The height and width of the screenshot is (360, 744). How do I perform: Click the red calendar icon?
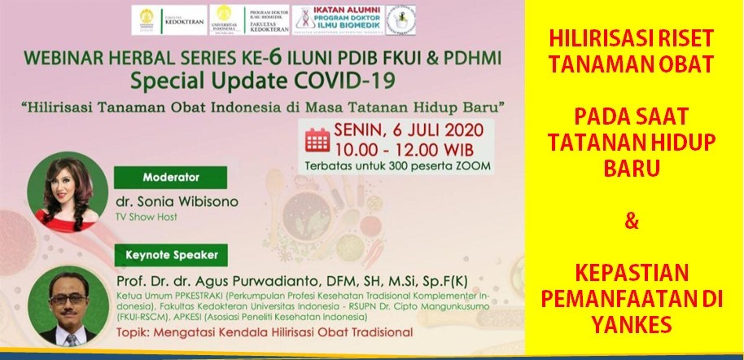[x=316, y=139]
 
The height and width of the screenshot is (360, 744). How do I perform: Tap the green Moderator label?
[x=171, y=176]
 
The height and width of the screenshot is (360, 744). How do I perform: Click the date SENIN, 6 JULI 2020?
[x=409, y=130]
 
